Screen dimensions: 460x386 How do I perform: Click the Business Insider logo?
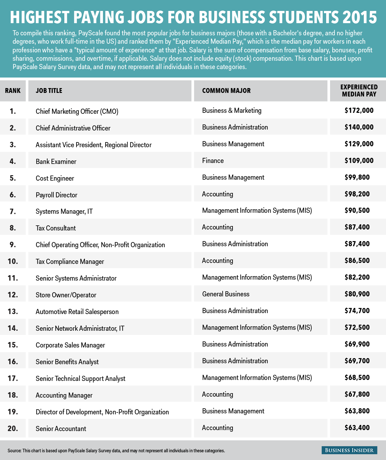[349, 450]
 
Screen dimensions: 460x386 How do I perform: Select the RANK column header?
[13, 91]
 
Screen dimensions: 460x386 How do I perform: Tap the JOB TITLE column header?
[49, 91]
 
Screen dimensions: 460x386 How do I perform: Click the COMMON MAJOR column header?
[226, 91]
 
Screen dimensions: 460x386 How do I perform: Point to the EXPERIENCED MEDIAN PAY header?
[359, 91]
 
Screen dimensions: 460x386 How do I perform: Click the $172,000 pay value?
[359, 111]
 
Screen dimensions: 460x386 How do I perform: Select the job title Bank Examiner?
[56, 161]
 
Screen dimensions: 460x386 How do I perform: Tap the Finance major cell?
[213, 161]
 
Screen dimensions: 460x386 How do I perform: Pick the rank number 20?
[13, 428]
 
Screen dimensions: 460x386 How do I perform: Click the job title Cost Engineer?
[55, 178]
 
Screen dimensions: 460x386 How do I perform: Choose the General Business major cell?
[225, 294]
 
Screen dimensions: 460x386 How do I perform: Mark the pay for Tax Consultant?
[357, 227]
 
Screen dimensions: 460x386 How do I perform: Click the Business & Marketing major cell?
[232, 111]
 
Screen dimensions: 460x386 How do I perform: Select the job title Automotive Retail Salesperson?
[77, 311]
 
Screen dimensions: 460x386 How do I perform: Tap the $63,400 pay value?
[357, 428]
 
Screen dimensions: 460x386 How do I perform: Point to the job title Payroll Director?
[56, 195]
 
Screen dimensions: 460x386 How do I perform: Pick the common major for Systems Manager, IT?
[257, 211]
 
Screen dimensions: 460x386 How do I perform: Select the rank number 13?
[13, 311]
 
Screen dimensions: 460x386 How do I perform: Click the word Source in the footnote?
[14, 451]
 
